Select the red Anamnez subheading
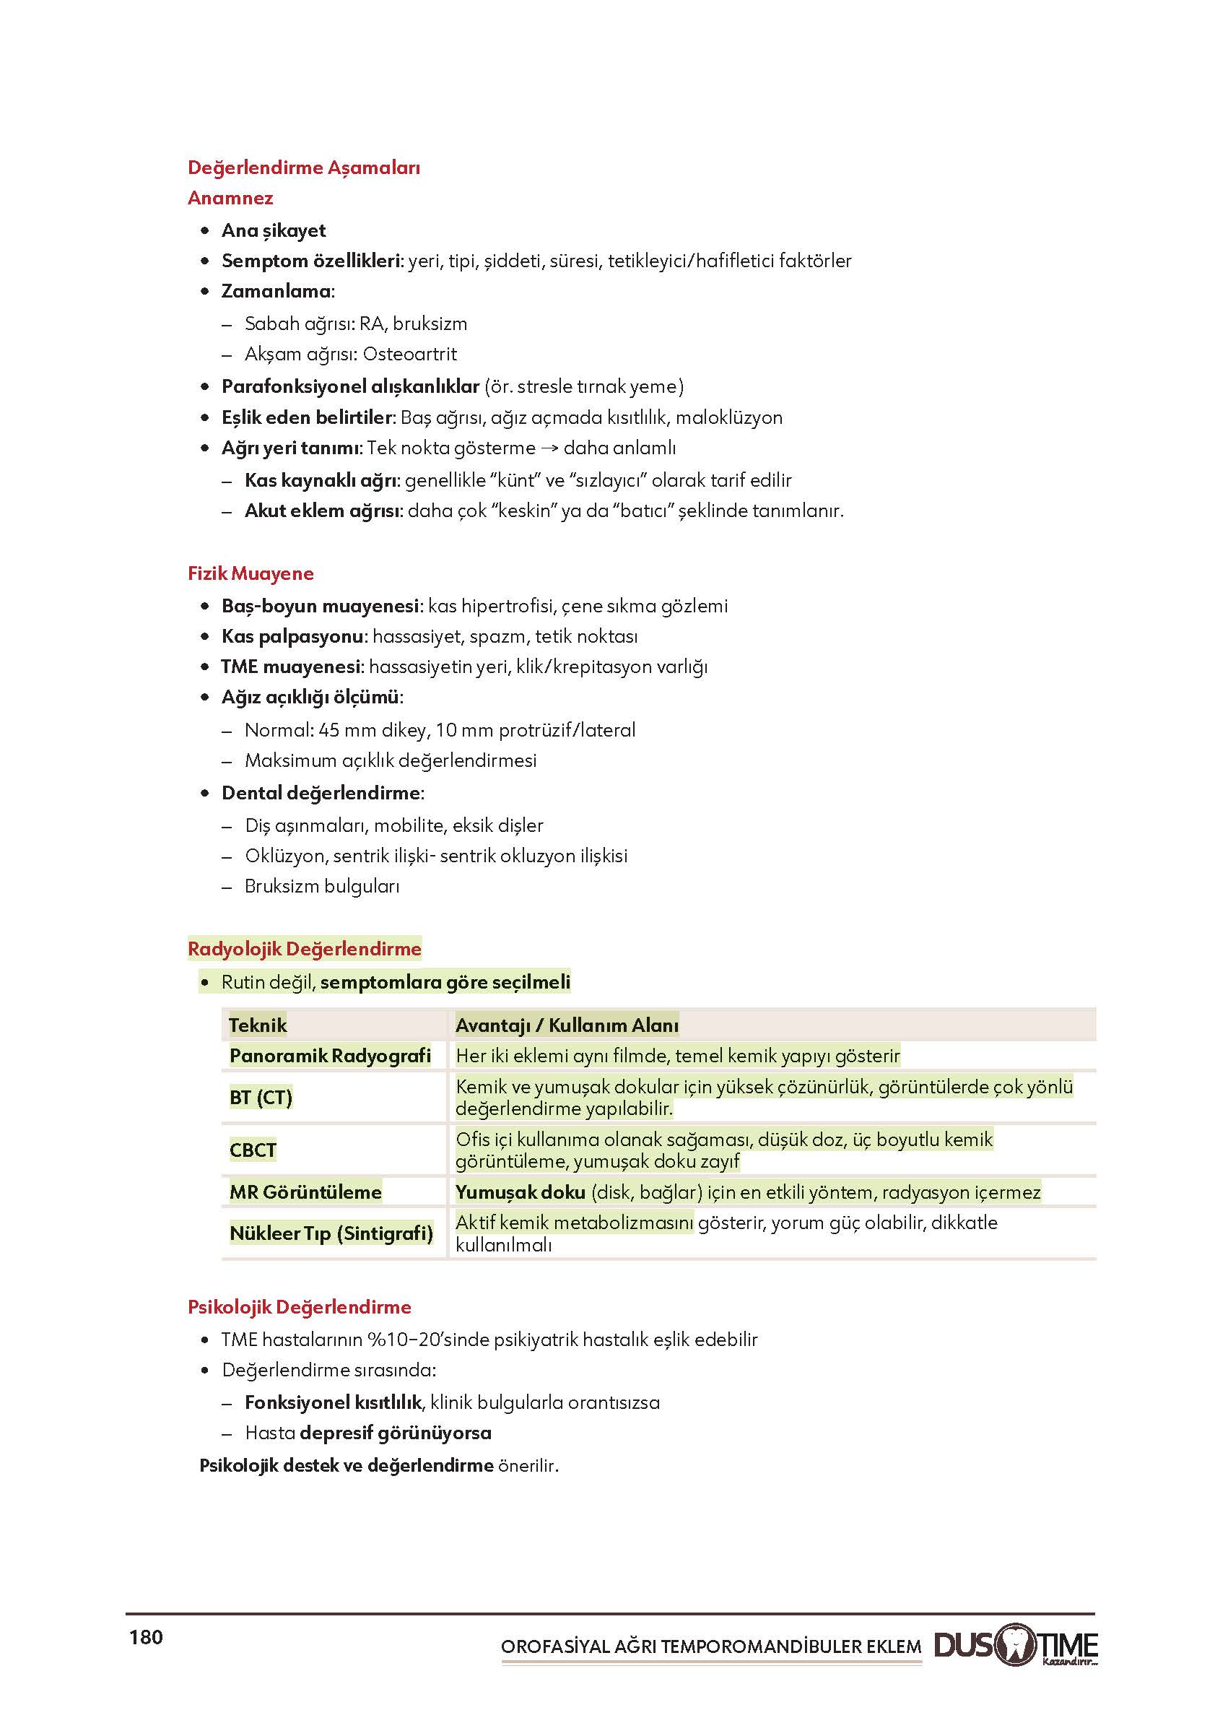click(x=230, y=198)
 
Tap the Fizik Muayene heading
click(x=251, y=573)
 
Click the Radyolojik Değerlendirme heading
click(x=304, y=948)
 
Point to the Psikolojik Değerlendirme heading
click(x=300, y=1307)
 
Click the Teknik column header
click(x=258, y=1025)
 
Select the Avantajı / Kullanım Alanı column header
click(x=567, y=1025)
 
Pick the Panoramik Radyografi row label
click(x=330, y=1056)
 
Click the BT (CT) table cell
click(x=261, y=1098)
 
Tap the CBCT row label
click(x=253, y=1150)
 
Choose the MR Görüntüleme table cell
click(x=305, y=1192)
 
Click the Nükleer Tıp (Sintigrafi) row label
click(x=331, y=1233)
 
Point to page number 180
click(x=146, y=1638)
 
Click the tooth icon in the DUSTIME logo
click(x=1014, y=1644)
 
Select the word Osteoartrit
click(x=410, y=354)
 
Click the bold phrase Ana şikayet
click(x=273, y=230)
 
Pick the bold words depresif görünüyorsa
click(x=396, y=1433)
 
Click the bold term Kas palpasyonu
click(x=292, y=637)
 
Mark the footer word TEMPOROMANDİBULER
click(x=760, y=1646)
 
